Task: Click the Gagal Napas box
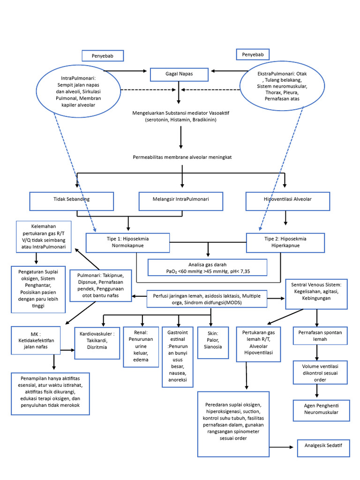point(179,75)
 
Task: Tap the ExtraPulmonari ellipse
point(282,87)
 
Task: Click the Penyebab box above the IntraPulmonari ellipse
point(103,56)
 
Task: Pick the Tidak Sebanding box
point(72,200)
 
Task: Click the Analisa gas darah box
point(207,267)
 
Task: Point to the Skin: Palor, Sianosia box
point(211,343)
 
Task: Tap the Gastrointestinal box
point(177,356)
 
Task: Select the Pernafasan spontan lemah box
point(320,336)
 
